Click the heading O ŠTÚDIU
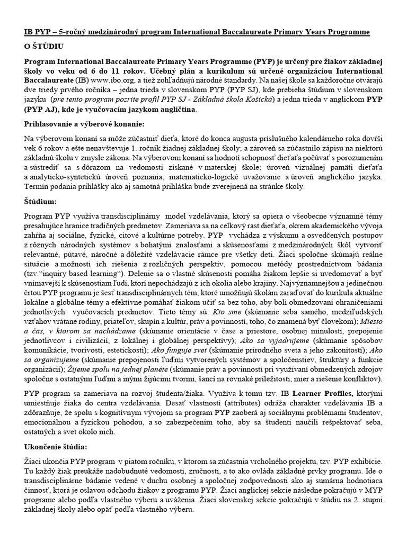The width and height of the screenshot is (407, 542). coord(44,47)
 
